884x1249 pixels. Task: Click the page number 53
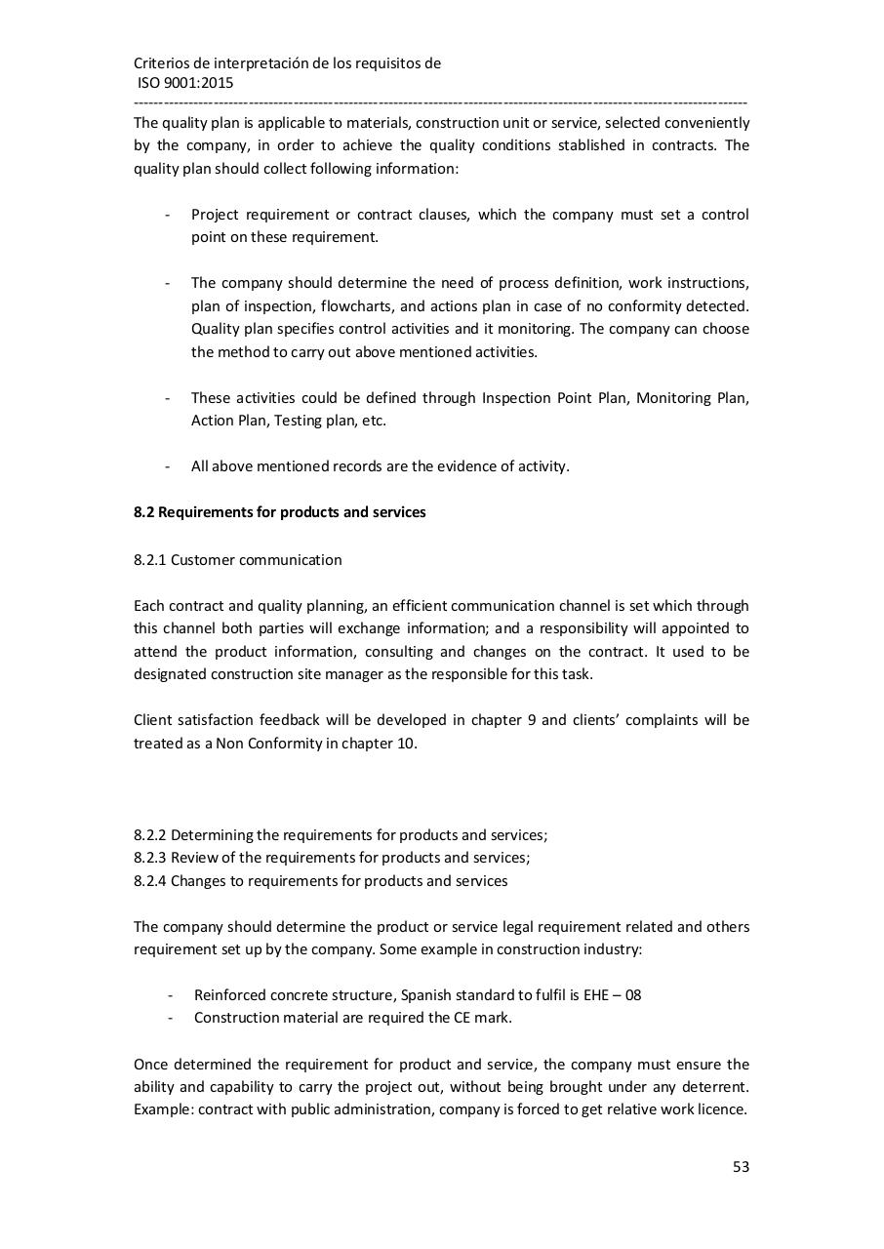point(741,1166)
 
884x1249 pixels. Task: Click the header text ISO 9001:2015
point(185,83)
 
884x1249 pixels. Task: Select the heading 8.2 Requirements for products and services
point(279,512)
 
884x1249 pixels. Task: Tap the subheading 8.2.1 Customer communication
point(237,560)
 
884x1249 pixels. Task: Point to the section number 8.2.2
point(150,835)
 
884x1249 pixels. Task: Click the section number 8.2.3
point(150,858)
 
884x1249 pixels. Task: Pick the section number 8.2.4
point(150,881)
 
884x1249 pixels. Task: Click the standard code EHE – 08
point(612,995)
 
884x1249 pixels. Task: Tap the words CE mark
point(482,1018)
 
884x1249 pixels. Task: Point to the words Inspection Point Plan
point(554,398)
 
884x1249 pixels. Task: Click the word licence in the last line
point(722,1109)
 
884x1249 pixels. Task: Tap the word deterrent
point(714,1087)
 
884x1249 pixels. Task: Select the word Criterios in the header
point(165,63)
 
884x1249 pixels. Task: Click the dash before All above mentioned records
point(168,466)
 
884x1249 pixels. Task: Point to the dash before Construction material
point(171,1018)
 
